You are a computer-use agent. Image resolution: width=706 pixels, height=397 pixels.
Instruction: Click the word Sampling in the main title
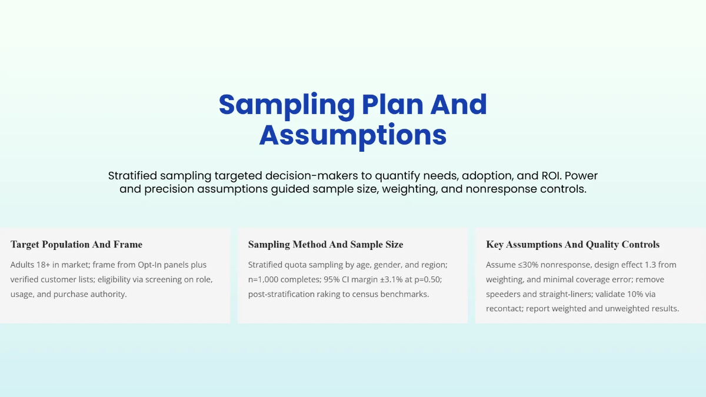(x=286, y=105)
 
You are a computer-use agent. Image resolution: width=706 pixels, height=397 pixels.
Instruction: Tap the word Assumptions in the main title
(x=353, y=135)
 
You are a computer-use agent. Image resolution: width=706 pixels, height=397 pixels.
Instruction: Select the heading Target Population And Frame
(x=76, y=245)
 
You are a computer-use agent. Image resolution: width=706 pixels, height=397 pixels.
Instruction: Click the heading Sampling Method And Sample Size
(x=325, y=245)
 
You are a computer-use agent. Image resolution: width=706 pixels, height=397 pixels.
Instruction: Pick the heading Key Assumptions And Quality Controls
(x=572, y=245)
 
